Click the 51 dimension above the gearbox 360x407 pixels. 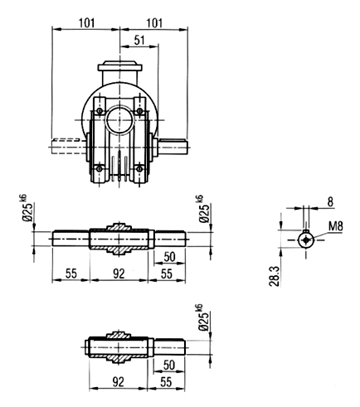pyautogui.click(x=139, y=41)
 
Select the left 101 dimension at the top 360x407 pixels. pyautogui.click(x=86, y=23)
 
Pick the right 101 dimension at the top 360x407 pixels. pyautogui.click(x=154, y=23)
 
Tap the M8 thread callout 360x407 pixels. pyautogui.click(x=336, y=226)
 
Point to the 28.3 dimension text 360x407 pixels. pyautogui.click(x=275, y=276)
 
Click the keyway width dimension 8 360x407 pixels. pyautogui.click(x=330, y=202)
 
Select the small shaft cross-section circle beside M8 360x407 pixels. pyautogui.click(x=306, y=240)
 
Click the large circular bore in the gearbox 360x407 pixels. pyautogui.click(x=119, y=120)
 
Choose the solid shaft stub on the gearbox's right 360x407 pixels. pyautogui.click(x=173, y=147)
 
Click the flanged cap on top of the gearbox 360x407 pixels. pyautogui.click(x=119, y=67)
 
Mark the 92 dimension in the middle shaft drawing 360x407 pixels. pyautogui.click(x=119, y=274)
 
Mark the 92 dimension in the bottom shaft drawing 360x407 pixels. pyautogui.click(x=119, y=382)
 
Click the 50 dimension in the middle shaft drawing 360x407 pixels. pyautogui.click(x=169, y=257)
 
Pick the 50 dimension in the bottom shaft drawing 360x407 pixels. pyautogui.click(x=169, y=365)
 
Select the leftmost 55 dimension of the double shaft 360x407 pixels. pyautogui.click(x=71, y=274)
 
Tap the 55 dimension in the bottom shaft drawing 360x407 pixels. pyautogui.click(x=166, y=382)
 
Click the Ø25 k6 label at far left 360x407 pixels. pyautogui.click(x=27, y=208)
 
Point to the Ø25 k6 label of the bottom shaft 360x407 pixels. pyautogui.click(x=205, y=317)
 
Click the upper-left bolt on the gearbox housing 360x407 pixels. pyautogui.click(x=100, y=111)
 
